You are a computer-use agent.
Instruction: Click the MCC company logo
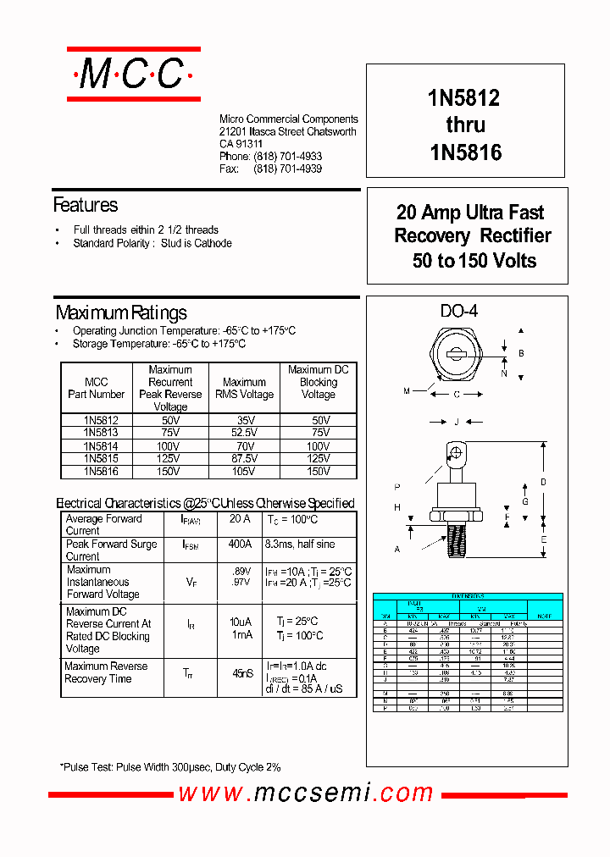(134, 75)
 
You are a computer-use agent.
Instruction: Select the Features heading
(86, 205)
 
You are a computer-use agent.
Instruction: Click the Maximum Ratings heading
(121, 312)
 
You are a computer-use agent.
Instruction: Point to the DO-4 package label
(458, 312)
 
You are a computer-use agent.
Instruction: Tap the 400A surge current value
(241, 545)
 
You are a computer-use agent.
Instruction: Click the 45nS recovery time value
(242, 673)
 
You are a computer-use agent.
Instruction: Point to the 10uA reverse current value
(241, 622)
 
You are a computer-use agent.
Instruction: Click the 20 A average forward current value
(241, 519)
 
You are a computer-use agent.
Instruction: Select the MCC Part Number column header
(97, 388)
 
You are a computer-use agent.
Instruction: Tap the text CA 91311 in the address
(241, 144)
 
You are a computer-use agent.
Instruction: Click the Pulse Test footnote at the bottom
(169, 767)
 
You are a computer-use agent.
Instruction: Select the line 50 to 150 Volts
(474, 261)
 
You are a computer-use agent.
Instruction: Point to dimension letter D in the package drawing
(544, 482)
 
